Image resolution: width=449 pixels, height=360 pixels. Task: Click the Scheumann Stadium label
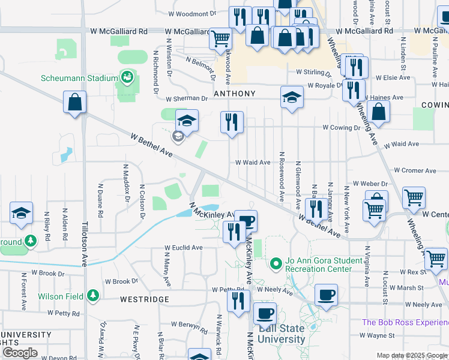[x=79, y=78]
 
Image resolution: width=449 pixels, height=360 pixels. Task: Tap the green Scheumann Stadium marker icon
[x=127, y=77]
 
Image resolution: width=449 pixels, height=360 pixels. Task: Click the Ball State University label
[x=282, y=334]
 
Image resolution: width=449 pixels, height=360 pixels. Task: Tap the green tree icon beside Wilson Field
[x=92, y=295]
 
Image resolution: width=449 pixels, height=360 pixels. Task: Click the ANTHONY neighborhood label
[x=234, y=94]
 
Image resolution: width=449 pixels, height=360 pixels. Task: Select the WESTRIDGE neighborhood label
[x=144, y=299]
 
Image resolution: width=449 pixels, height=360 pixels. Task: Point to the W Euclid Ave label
[x=184, y=247]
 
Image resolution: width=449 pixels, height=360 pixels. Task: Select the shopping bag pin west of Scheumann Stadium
[x=75, y=103]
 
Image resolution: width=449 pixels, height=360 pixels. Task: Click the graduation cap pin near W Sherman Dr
[x=292, y=98]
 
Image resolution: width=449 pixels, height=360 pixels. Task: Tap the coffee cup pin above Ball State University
[x=265, y=313]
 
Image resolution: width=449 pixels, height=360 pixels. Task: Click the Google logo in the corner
[x=20, y=353]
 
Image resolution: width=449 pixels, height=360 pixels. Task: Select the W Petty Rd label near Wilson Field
[x=55, y=313]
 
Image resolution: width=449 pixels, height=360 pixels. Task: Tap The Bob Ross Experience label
[x=405, y=322]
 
